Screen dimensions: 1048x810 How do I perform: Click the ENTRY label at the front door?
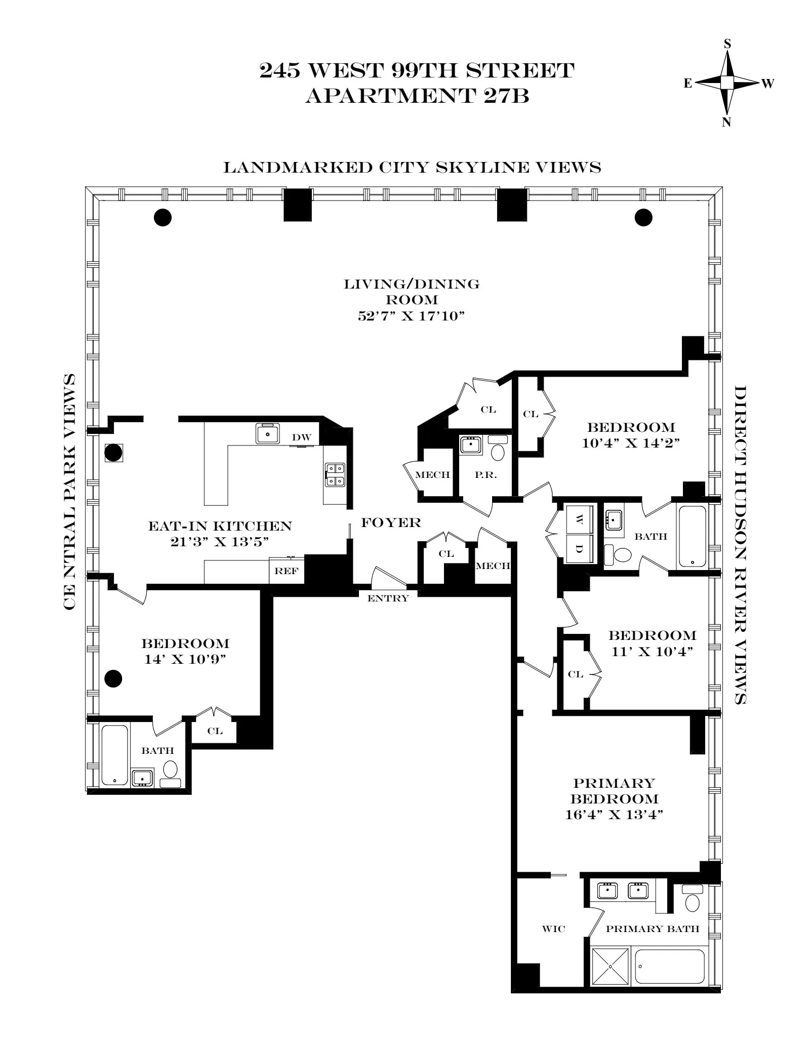coord(388,598)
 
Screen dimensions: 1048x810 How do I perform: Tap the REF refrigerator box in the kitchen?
coord(287,571)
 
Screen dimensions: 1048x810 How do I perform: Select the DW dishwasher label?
coord(301,437)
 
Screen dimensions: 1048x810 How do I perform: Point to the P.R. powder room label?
coord(485,475)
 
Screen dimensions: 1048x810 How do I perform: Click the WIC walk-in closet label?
coord(553,929)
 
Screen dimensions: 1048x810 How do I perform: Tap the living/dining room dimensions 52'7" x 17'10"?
coord(411,316)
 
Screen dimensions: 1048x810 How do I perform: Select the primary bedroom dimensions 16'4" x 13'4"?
coord(614,815)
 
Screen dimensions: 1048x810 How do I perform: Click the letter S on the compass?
coord(727,44)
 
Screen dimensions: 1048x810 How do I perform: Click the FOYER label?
coord(391,522)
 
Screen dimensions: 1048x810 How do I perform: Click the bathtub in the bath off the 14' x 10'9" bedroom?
coord(115,755)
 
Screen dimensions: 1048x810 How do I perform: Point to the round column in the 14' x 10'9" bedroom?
coord(113,678)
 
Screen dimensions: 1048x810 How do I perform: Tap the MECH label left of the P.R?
coord(432,475)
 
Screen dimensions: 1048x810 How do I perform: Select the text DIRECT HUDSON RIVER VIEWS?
coord(740,545)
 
